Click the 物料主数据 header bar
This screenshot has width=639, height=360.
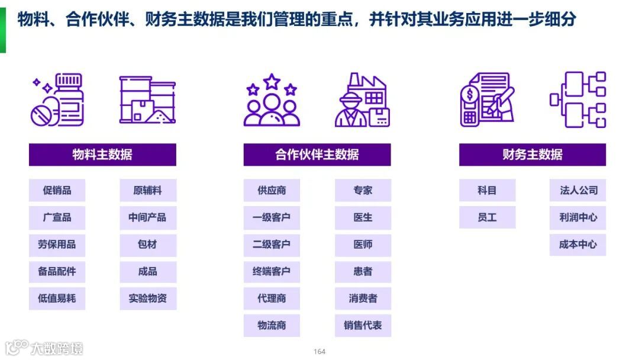(102, 155)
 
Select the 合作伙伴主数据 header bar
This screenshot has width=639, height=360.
(317, 155)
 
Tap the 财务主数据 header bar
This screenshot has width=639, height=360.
(532, 155)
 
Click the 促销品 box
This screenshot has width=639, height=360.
(57, 191)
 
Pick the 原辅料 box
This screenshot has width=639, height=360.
(147, 191)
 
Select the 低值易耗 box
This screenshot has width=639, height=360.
(57, 298)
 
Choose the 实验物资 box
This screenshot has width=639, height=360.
(147, 298)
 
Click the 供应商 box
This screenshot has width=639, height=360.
(272, 191)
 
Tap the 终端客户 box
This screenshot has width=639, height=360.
(272, 272)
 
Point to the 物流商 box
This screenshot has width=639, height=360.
(272, 326)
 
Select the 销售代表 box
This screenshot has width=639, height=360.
(363, 326)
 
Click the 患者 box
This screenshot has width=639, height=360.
(363, 272)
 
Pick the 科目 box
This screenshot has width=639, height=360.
(487, 191)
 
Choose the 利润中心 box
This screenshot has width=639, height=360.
(577, 217)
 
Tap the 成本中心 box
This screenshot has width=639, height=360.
(577, 245)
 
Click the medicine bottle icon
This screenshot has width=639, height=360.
(58, 100)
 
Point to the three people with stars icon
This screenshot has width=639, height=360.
(272, 100)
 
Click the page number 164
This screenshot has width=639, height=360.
(319, 352)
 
